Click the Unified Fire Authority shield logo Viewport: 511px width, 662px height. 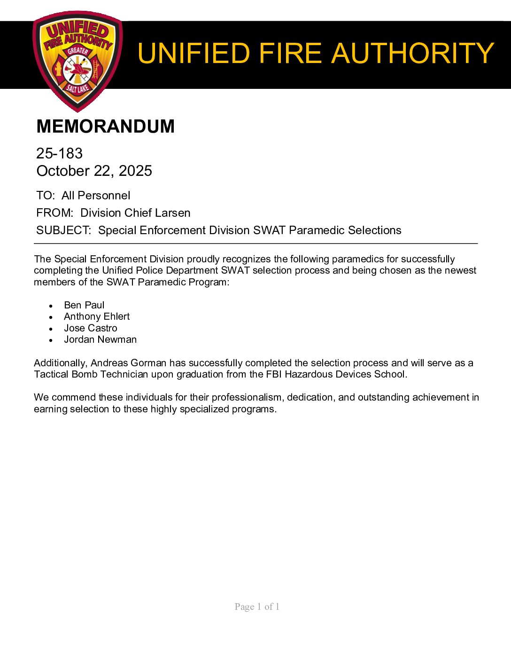[x=77, y=61]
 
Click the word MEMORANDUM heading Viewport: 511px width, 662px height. [x=105, y=126]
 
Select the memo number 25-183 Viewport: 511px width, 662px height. [x=59, y=153]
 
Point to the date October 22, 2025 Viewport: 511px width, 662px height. [x=94, y=171]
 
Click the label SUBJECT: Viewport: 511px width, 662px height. [x=63, y=230]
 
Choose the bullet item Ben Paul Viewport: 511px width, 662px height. [x=84, y=305]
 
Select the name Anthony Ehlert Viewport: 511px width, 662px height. [x=97, y=316]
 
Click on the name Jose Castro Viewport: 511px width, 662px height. [x=91, y=328]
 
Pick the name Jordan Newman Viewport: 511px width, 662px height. [x=101, y=339]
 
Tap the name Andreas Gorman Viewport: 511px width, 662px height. [x=128, y=363]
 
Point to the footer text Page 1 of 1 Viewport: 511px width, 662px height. [x=257, y=607]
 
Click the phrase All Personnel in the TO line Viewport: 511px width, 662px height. [x=96, y=196]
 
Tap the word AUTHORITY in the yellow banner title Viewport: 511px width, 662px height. [x=413, y=53]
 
